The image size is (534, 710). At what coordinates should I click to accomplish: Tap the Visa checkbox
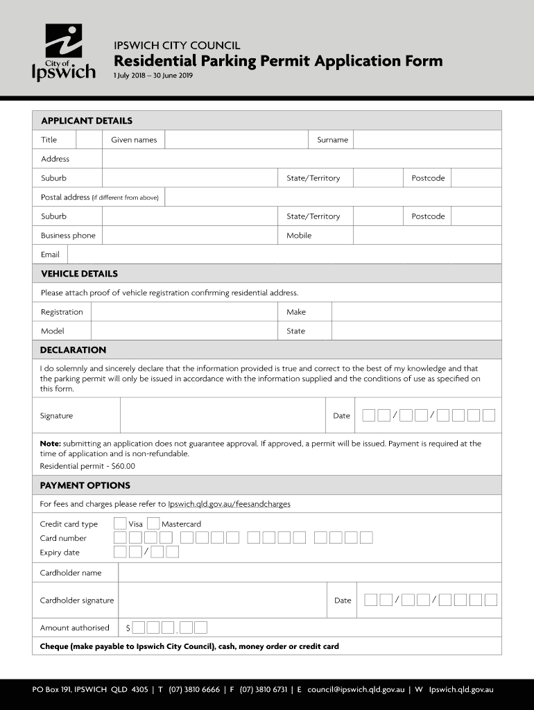click(120, 523)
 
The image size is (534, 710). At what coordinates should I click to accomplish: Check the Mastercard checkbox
click(153, 523)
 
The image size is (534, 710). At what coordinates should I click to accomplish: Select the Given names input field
click(236, 140)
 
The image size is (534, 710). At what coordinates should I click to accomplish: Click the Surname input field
click(427, 140)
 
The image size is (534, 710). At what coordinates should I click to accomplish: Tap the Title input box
click(89, 140)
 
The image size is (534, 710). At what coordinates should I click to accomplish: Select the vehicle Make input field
click(416, 312)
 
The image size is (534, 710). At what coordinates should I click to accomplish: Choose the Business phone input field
click(191, 236)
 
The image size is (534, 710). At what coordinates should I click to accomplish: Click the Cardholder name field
click(309, 573)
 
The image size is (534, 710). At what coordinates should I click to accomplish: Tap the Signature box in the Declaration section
click(222, 416)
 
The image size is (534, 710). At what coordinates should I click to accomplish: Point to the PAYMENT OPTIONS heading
click(85, 485)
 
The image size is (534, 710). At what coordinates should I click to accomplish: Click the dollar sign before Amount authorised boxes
click(128, 628)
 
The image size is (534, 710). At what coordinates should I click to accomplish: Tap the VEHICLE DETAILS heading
click(79, 274)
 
